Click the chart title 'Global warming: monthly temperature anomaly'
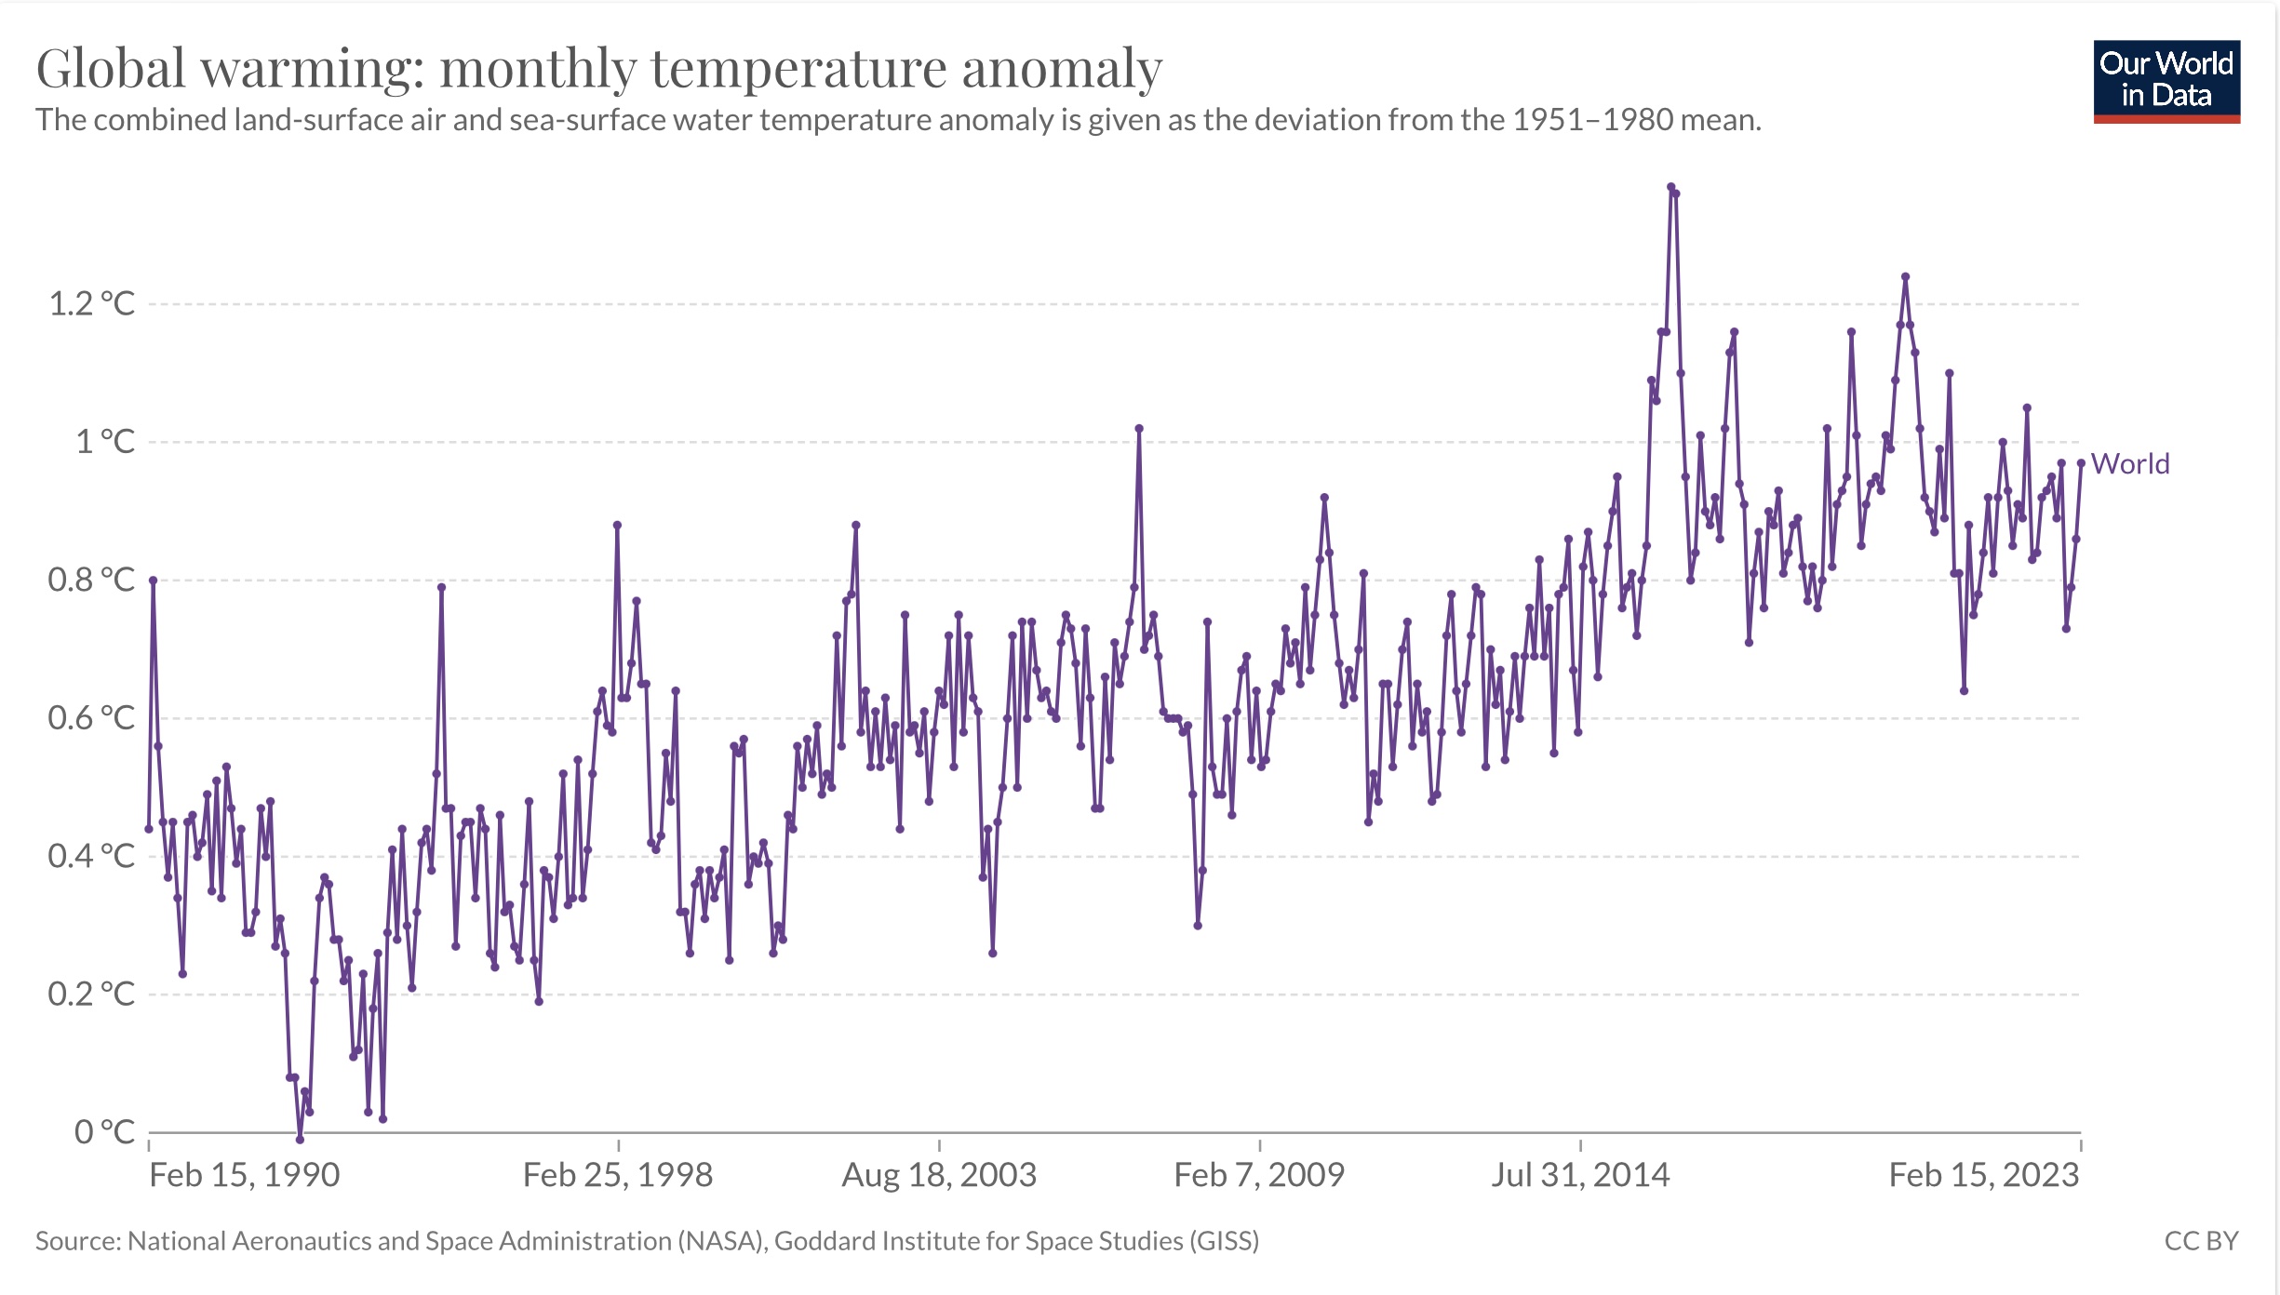pos(598,68)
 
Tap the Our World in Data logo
pos(2166,81)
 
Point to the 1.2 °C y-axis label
pos(91,303)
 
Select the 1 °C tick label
pos(104,441)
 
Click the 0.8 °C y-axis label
pos(91,580)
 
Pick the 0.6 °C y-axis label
pos(91,717)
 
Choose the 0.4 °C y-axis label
pos(91,856)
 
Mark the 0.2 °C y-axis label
pos(91,994)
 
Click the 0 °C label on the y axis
pos(104,1131)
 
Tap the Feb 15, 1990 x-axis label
pos(245,1175)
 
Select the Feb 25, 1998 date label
pos(618,1175)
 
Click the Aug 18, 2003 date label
pos(939,1175)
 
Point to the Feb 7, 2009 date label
pos(1259,1175)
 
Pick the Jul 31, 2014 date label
pos(1580,1175)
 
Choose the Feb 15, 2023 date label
pos(1983,1175)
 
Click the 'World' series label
pos(2130,463)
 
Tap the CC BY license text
pos(2201,1241)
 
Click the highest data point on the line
pos(1670,187)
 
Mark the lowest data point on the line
pos(300,1139)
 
